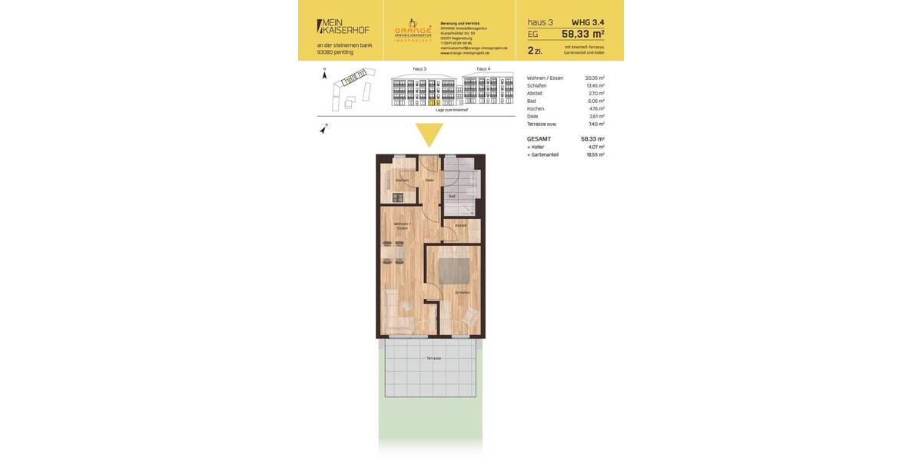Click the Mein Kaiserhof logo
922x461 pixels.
coord(343,26)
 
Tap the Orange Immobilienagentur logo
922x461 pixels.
coord(413,30)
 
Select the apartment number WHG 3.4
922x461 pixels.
coord(588,22)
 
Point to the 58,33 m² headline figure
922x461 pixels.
coord(582,34)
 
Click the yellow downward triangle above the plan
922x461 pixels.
coord(429,134)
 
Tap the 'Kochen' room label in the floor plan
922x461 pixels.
coord(402,181)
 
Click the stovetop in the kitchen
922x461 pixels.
coord(397,197)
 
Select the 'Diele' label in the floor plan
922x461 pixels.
coord(429,181)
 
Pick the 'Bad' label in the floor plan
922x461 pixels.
coord(452,196)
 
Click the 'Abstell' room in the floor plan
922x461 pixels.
coord(460,225)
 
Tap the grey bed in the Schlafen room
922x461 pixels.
coord(454,271)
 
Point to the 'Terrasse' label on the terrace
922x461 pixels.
coord(433,358)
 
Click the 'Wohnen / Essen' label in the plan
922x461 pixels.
coord(402,226)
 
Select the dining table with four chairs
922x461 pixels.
coord(393,252)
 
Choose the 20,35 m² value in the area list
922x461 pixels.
coord(595,78)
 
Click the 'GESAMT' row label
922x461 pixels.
coord(539,139)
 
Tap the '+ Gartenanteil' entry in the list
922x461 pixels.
coord(542,154)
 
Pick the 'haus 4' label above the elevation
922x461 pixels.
coord(483,69)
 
